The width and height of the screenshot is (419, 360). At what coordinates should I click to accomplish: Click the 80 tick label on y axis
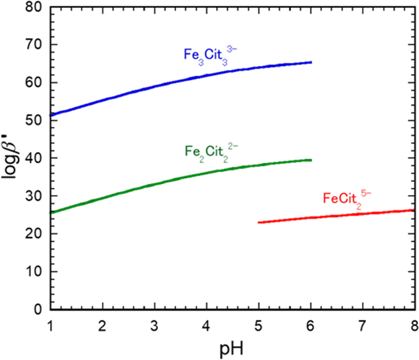pyautogui.click(x=34, y=7)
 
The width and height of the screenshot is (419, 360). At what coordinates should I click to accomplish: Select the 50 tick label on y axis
pyautogui.click(x=34, y=120)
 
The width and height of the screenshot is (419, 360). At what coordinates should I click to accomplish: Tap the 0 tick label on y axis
pyautogui.click(x=39, y=309)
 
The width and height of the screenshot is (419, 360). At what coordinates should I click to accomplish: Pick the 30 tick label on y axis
pyautogui.click(x=34, y=196)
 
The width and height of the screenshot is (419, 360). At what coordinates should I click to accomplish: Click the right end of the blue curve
pyautogui.click(x=311, y=62)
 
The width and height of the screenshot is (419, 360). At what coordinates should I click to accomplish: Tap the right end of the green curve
pyautogui.click(x=311, y=160)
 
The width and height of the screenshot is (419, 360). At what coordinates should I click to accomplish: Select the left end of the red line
pyautogui.click(x=259, y=223)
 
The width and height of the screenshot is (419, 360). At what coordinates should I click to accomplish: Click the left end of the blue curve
pyautogui.click(x=51, y=115)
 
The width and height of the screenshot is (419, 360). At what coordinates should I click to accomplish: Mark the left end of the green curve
pyautogui.click(x=51, y=212)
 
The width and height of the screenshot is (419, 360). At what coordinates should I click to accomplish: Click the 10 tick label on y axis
pyautogui.click(x=34, y=271)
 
